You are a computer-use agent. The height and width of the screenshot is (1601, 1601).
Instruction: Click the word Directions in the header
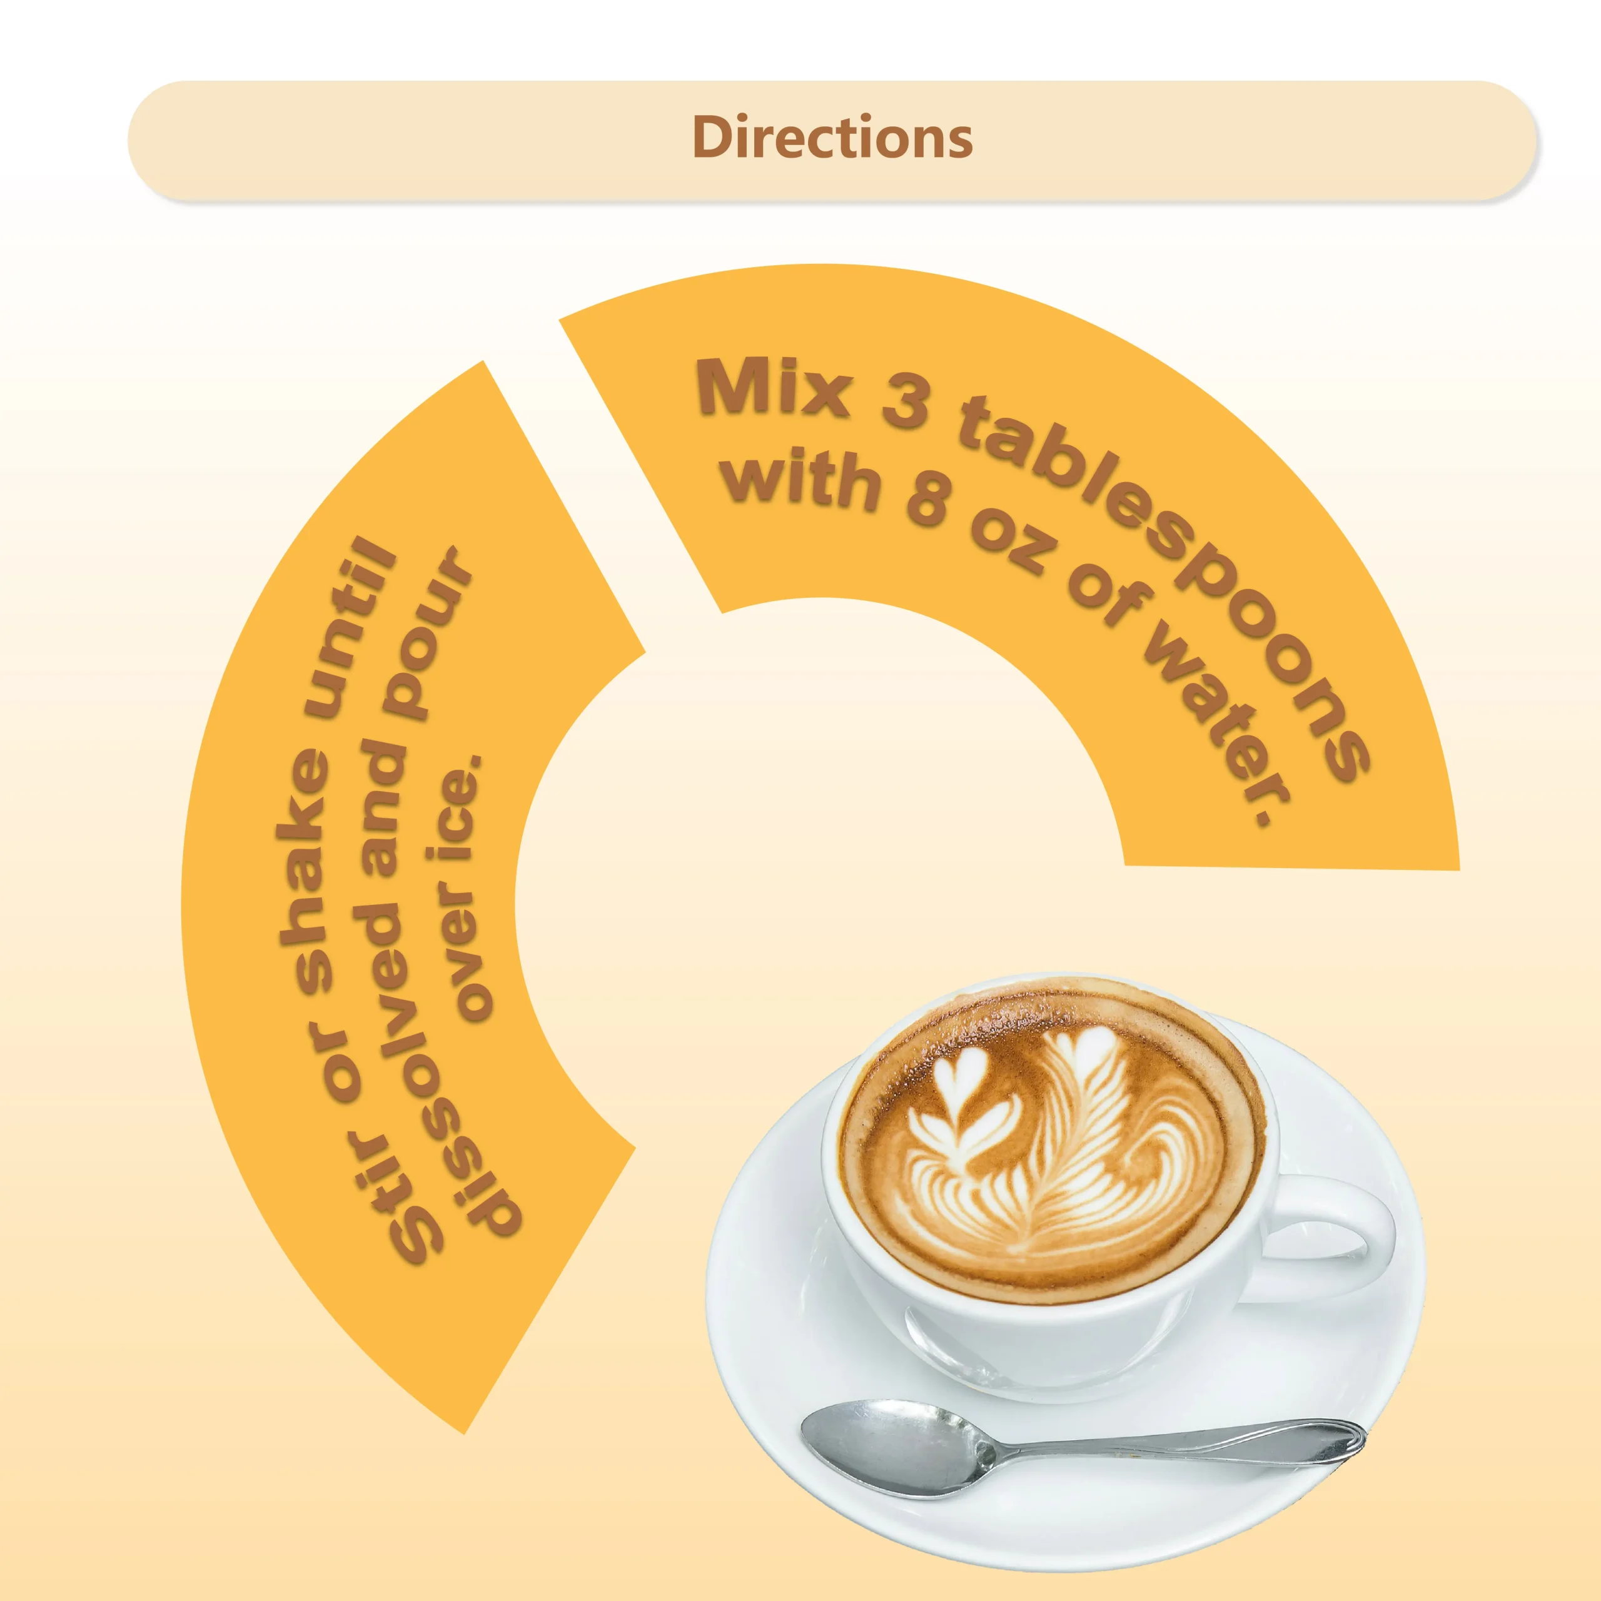click(832, 138)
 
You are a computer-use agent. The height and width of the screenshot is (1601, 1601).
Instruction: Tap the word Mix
click(775, 386)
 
